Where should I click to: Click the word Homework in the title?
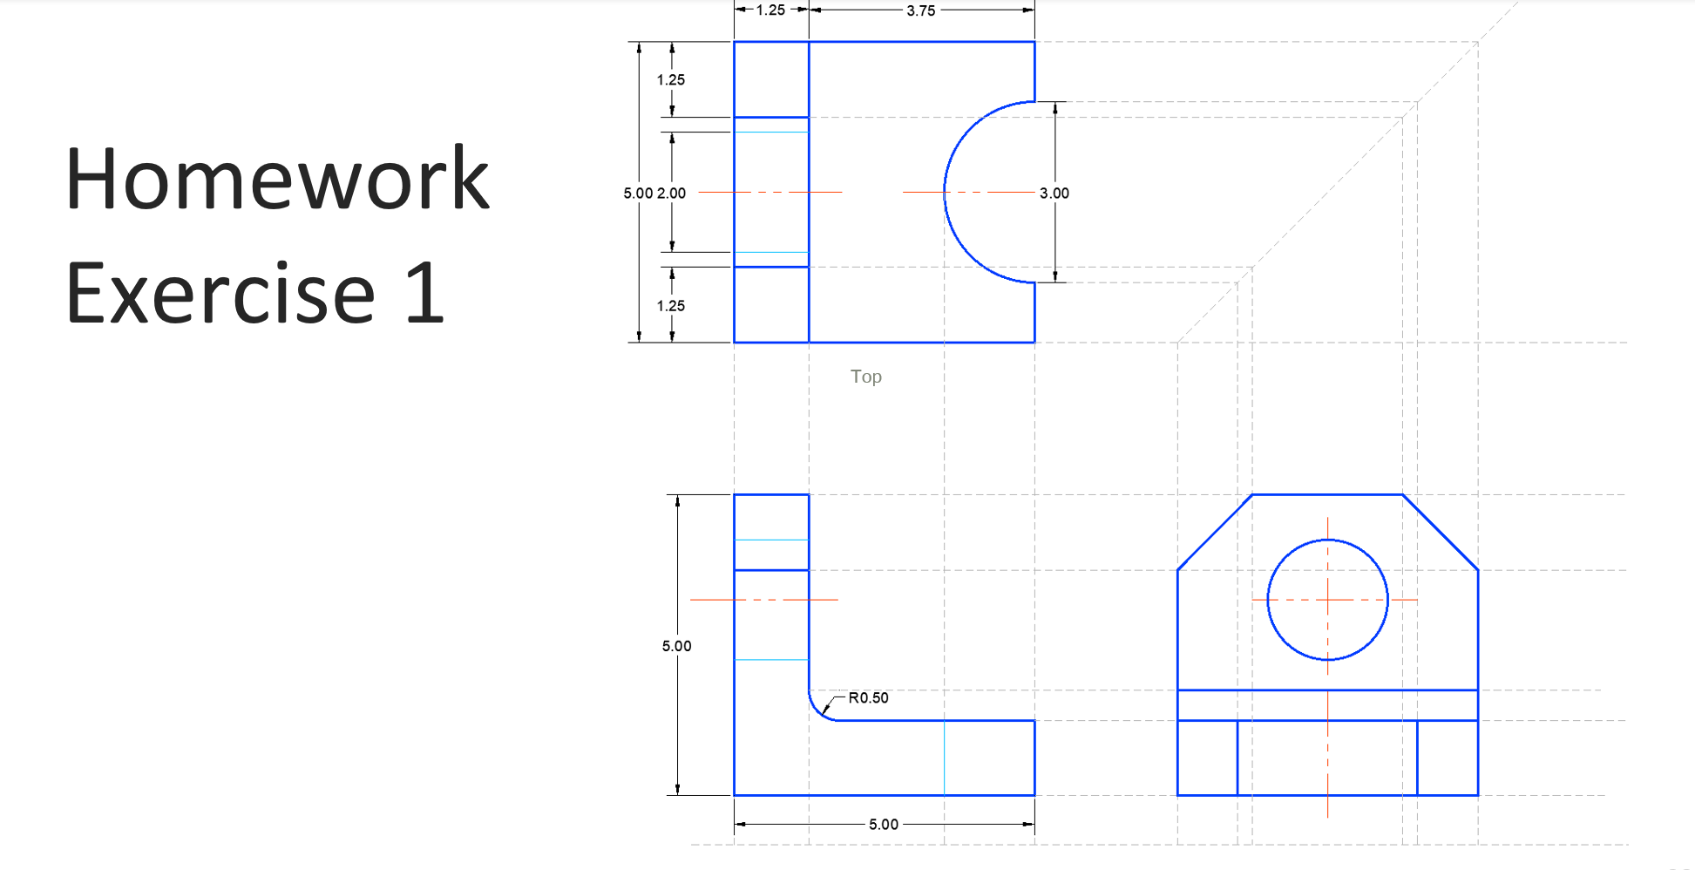[277, 180]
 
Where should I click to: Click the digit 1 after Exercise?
[425, 294]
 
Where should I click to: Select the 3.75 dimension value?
[920, 10]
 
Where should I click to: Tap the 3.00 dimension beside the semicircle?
[1054, 193]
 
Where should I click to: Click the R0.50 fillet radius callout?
[868, 697]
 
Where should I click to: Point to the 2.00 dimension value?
[671, 193]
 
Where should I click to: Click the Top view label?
[865, 377]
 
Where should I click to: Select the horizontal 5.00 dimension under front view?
[883, 824]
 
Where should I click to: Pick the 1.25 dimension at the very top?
[770, 10]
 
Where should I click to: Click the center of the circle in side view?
[1327, 600]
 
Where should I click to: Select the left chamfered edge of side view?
[1214, 533]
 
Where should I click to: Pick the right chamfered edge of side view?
[1441, 533]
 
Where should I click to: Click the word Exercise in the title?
[220, 294]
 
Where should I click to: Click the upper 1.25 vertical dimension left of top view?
[670, 79]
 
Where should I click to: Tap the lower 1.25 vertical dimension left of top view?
[670, 306]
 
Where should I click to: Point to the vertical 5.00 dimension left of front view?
[676, 646]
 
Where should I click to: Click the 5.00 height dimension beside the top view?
[637, 193]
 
